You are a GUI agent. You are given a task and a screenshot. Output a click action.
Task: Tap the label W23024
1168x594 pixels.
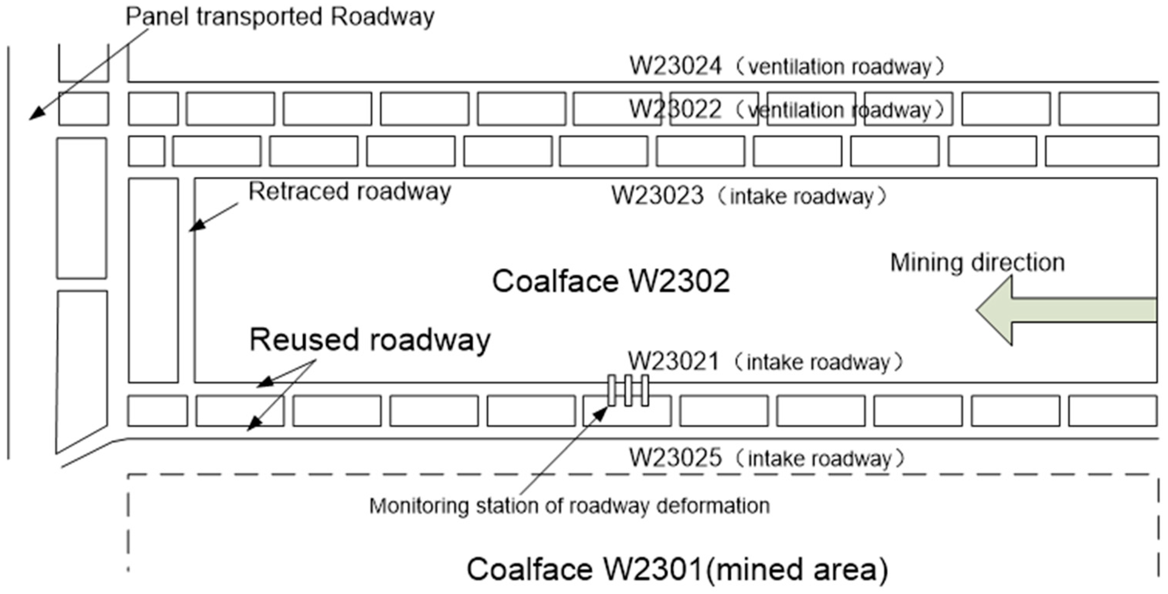pyautogui.click(x=675, y=66)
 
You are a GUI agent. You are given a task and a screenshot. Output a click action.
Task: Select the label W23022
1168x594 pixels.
pyautogui.click(x=675, y=110)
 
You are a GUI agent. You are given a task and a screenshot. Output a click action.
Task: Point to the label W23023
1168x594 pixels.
pyautogui.click(x=657, y=196)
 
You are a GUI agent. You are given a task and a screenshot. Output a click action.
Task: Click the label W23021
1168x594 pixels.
pyautogui.click(x=673, y=362)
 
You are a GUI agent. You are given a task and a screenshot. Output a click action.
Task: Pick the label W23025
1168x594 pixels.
pyautogui.click(x=675, y=457)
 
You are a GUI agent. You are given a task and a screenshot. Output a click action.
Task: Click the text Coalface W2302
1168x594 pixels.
pyautogui.click(x=611, y=281)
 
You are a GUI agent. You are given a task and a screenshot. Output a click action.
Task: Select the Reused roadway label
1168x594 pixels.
pyautogui.click(x=369, y=339)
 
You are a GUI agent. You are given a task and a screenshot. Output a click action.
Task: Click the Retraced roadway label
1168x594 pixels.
pyautogui.click(x=349, y=192)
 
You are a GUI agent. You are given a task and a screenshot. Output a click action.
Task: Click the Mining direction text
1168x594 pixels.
pyautogui.click(x=977, y=263)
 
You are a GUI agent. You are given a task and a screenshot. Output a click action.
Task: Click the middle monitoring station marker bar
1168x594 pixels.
pyautogui.click(x=628, y=390)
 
